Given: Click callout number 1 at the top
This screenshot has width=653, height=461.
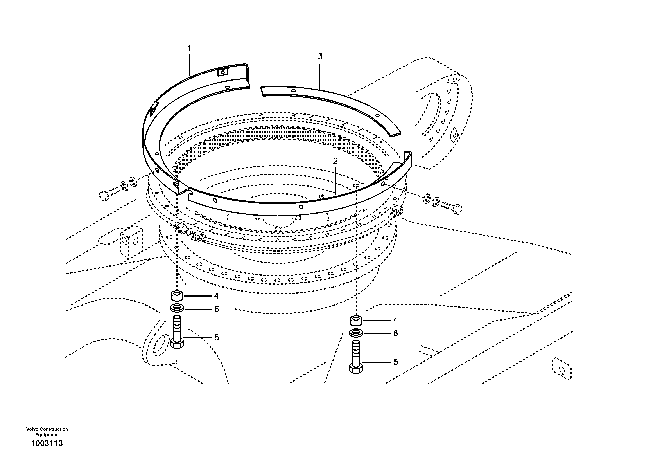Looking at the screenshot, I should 189,48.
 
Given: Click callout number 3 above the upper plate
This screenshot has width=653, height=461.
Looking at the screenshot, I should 320,57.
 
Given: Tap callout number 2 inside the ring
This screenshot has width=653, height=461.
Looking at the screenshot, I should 335,161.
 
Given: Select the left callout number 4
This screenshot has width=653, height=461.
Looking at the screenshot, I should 216,296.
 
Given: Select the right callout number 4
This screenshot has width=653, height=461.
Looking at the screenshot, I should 395,321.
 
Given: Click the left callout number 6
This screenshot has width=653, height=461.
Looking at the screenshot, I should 216,309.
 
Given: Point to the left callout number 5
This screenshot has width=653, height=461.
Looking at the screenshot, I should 217,338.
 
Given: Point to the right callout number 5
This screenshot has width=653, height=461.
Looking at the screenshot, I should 395,362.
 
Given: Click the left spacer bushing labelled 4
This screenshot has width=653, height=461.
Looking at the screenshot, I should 177,296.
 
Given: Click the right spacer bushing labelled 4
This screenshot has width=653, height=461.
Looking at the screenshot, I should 356,321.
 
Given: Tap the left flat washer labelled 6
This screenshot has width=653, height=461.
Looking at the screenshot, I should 177,308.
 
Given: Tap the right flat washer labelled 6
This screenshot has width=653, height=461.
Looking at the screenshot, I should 356,333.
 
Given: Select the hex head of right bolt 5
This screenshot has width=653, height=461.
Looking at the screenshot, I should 356,369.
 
